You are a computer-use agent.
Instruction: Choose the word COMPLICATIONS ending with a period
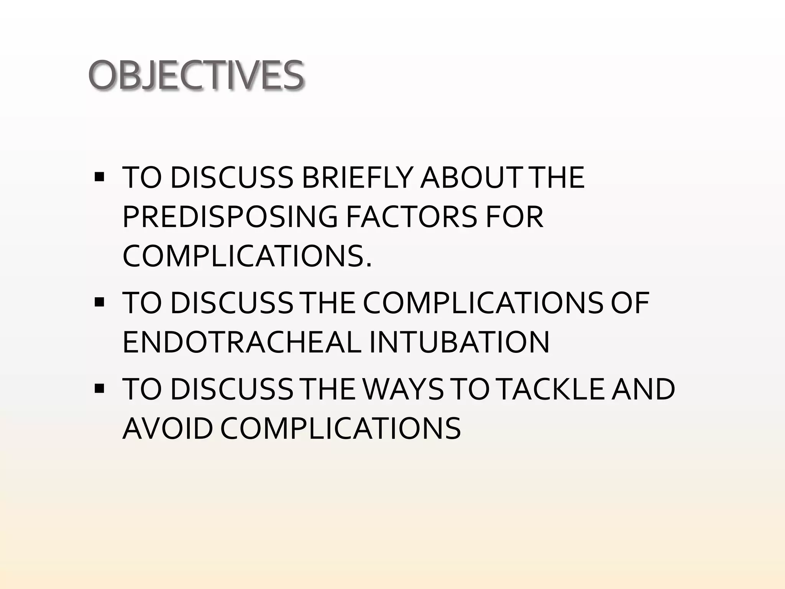[247, 257]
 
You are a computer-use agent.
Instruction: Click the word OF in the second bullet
[630, 303]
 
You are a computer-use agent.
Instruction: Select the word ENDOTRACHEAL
[241, 342]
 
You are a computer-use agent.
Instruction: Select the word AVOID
[168, 429]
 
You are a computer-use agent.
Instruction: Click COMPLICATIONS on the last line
[340, 429]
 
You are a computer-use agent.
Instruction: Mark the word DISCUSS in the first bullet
[232, 178]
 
